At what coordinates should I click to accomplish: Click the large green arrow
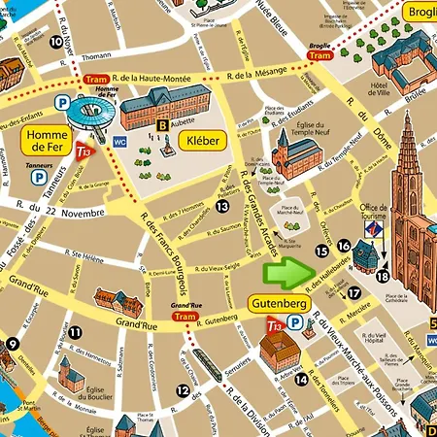click(x=285, y=273)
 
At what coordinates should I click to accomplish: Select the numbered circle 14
click(x=302, y=379)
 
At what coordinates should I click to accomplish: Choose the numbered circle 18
click(x=383, y=277)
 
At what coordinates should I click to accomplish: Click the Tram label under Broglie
click(x=319, y=56)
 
